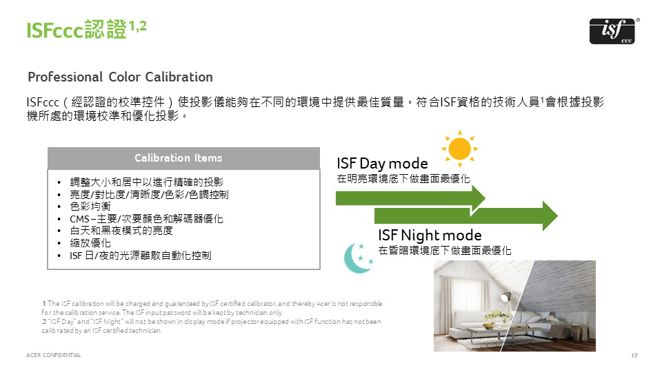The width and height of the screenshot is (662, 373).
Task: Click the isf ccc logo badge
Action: click(x=612, y=31)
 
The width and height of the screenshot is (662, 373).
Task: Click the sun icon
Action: click(x=460, y=149)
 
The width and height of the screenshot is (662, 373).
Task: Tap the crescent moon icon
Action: click(x=358, y=258)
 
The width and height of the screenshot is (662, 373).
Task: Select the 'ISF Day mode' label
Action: click(x=382, y=164)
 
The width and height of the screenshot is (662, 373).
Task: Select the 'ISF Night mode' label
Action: click(x=430, y=235)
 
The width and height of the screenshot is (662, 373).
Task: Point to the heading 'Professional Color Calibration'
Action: click(x=120, y=77)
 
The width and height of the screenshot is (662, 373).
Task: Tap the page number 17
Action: click(x=634, y=356)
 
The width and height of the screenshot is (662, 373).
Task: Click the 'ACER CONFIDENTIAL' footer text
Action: click(x=54, y=355)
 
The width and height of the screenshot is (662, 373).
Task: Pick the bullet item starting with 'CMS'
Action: click(x=146, y=219)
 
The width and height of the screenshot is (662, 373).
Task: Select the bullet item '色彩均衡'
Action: click(x=90, y=207)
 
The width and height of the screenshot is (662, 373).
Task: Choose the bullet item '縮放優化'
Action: click(x=90, y=243)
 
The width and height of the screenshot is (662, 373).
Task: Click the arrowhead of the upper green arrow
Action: click(x=478, y=198)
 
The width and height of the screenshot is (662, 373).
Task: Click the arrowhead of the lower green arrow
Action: click(x=550, y=216)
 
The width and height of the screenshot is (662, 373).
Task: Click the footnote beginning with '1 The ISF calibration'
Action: click(x=212, y=308)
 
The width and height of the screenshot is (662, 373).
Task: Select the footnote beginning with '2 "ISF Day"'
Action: click(x=211, y=325)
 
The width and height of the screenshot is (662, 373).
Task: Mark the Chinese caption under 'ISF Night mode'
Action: click(x=445, y=251)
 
